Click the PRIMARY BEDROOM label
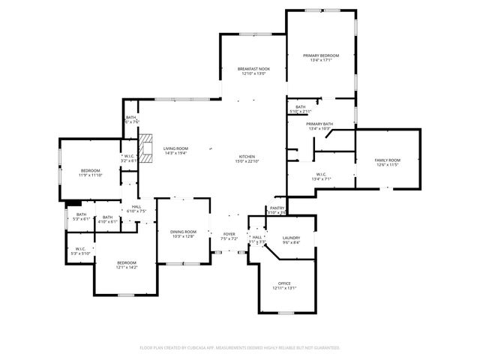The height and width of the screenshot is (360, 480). pos(321,55)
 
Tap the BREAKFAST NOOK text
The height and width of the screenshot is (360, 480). pos(254,69)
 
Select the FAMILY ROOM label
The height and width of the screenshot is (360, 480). pos(388,160)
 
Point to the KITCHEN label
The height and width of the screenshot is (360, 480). pos(247,156)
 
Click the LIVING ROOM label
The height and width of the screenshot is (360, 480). pos(175,148)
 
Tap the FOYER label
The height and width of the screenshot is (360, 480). pos(229,234)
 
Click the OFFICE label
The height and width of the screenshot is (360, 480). pos(284,283)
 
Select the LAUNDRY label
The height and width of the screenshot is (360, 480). pos(291,237)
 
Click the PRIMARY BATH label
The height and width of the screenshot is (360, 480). pos(319,124)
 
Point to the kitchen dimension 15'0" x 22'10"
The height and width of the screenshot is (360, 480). pos(247,161)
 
